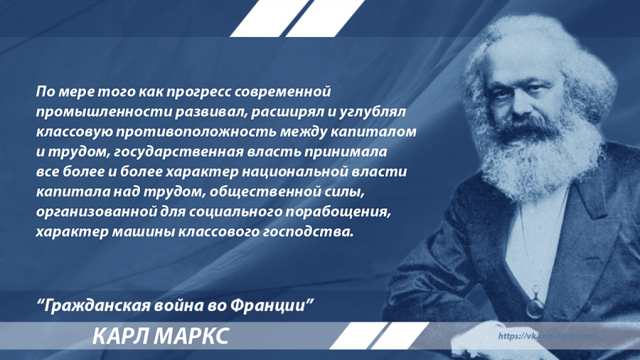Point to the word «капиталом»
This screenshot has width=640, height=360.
pyautogui.click(x=383, y=132)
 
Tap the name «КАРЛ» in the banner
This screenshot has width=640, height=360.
pyautogui.click(x=120, y=336)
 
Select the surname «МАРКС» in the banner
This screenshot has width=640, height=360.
pyautogui.click(x=191, y=336)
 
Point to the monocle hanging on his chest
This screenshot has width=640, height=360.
pyautogui.click(x=534, y=307)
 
